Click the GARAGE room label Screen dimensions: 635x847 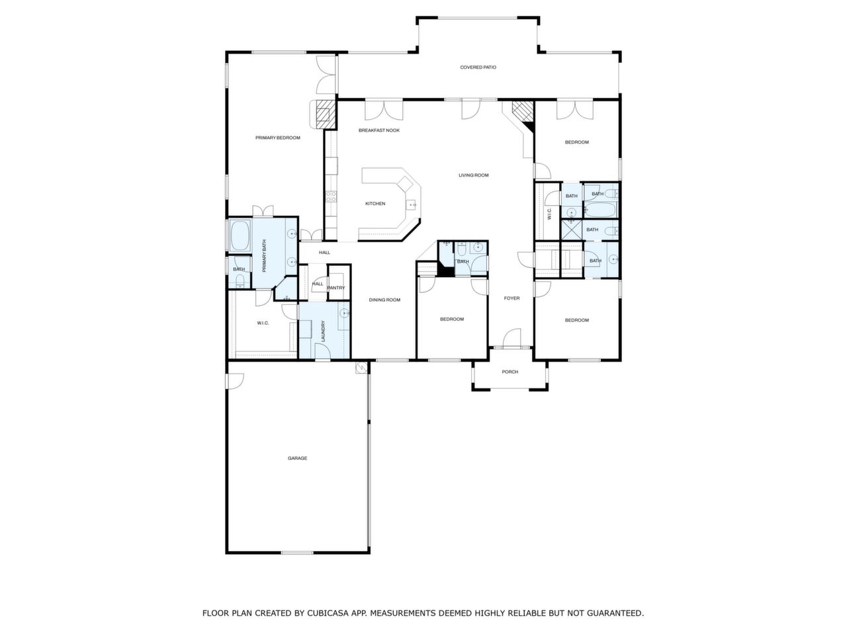tap(297, 458)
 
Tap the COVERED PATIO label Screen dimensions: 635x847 tap(478, 67)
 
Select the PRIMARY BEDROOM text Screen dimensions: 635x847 tap(278, 138)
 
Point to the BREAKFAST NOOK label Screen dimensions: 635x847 tap(379, 130)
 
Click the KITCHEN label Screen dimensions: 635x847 tap(375, 204)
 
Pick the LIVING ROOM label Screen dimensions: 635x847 tap(474, 175)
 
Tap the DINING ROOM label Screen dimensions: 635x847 tap(384, 300)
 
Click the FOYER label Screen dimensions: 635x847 tap(512, 298)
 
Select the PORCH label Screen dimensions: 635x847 tap(510, 372)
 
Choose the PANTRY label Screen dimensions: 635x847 tap(336, 288)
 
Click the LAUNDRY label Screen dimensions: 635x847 tap(323, 331)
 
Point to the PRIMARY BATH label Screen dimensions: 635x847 tap(264, 257)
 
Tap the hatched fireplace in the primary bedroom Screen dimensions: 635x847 tap(325, 113)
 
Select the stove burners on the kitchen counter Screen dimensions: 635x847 tap(330, 196)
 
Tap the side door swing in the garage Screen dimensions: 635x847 tap(236, 380)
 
